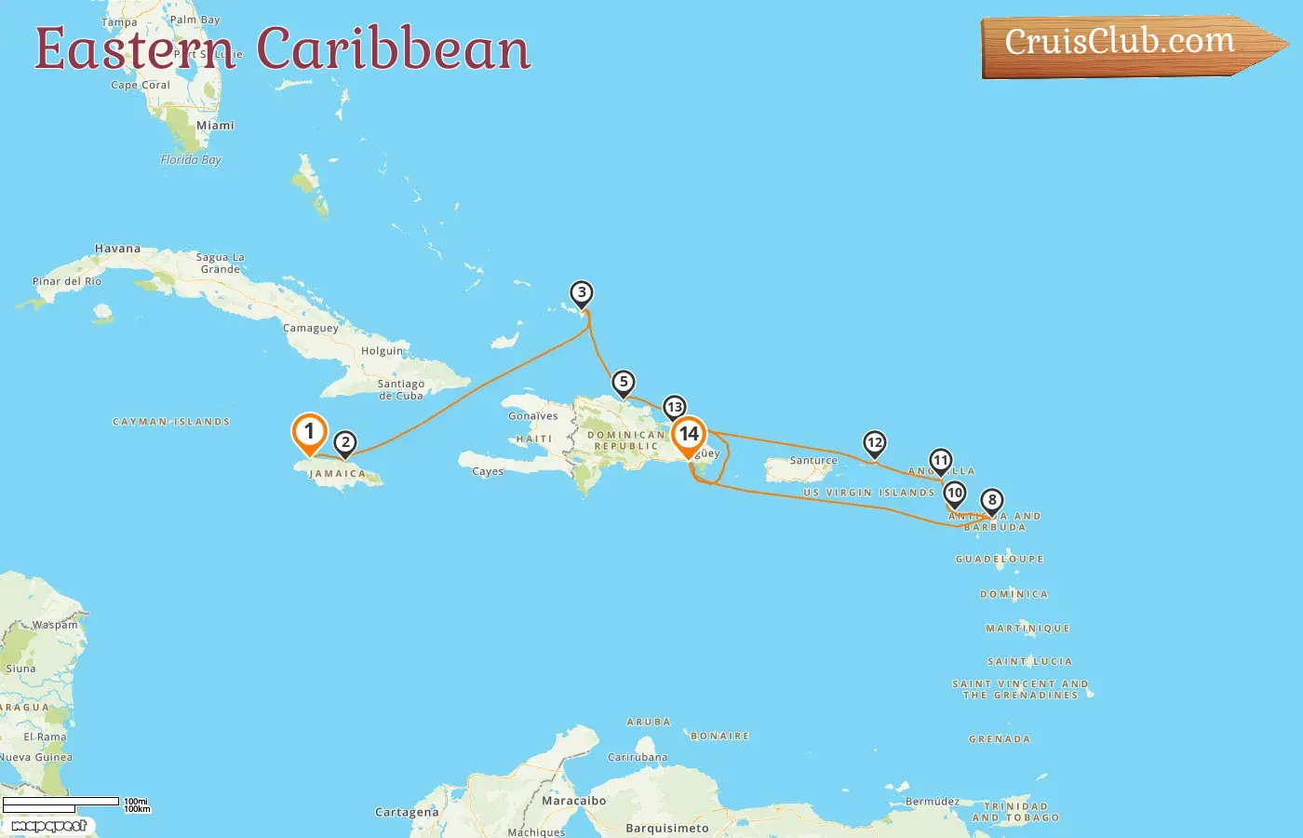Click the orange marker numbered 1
309,432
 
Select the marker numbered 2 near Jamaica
345,443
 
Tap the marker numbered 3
582,294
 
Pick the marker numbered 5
624,383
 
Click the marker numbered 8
992,501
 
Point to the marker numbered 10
954,493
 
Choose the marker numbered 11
941,461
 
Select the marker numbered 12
874,443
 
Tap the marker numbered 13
675,408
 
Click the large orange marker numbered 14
689,434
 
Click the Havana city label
117,249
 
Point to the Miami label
215,126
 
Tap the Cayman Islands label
171,422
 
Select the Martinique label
1028,628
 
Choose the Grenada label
1000,739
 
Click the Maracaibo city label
573,801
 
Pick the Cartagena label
407,813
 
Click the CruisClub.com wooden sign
1122,44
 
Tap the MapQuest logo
48,826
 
